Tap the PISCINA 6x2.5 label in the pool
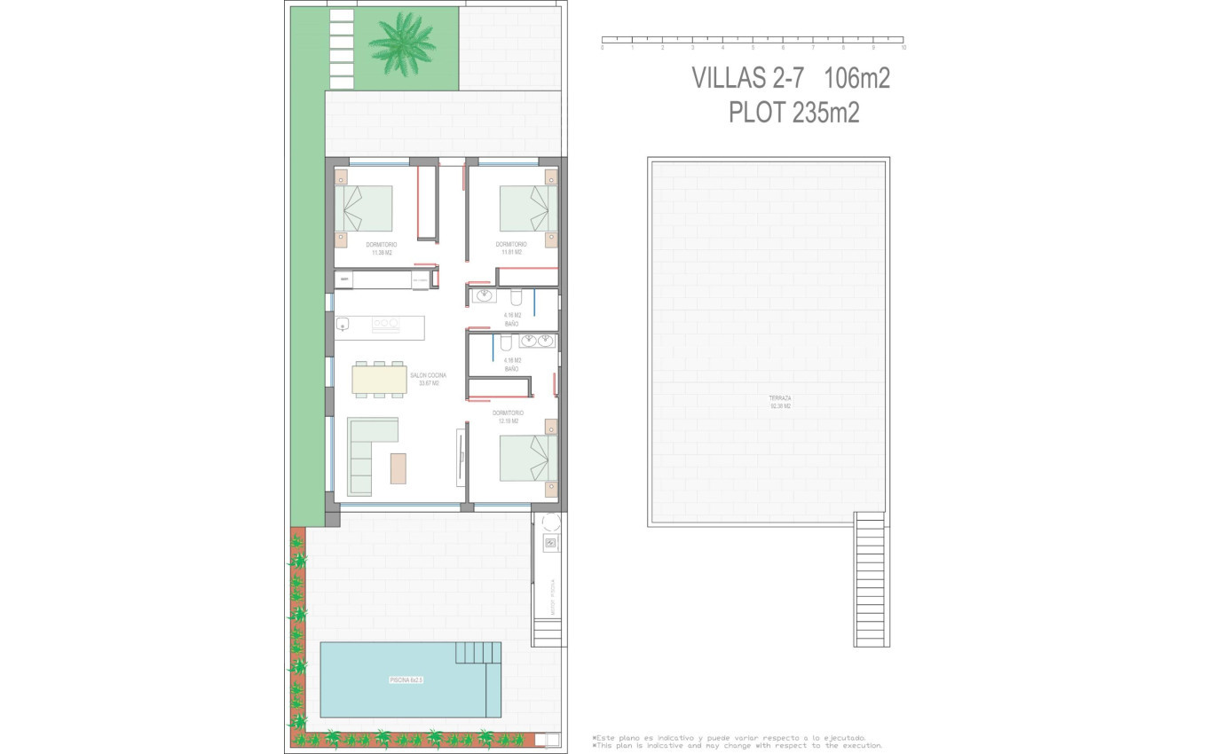(x=406, y=680)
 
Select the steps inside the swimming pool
(x=478, y=653)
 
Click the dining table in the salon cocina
(x=379, y=380)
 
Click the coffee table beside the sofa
(x=398, y=468)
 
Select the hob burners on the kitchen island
(x=386, y=325)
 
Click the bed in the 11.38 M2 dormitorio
(x=364, y=208)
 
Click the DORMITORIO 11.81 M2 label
(x=510, y=247)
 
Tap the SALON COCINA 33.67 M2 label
(x=428, y=379)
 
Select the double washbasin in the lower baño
(x=537, y=341)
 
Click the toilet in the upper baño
(x=517, y=297)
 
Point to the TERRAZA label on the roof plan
(x=780, y=402)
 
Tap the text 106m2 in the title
(x=856, y=78)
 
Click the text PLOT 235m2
(x=793, y=113)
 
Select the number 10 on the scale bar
(x=903, y=47)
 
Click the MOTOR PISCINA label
(x=552, y=597)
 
